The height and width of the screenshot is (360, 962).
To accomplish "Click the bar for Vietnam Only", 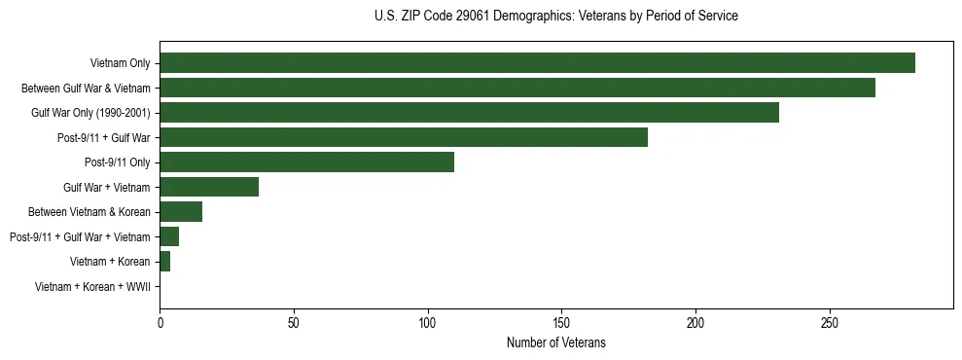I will pos(537,63).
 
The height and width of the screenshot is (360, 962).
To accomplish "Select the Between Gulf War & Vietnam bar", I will pos(517,89).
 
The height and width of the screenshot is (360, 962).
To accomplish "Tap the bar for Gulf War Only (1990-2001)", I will pos(469,113).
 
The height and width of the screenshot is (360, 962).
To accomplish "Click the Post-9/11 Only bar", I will pos(306,162).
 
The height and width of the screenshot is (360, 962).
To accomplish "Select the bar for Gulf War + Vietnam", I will pos(209,187).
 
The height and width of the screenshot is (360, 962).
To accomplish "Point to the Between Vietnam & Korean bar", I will pos(181,212).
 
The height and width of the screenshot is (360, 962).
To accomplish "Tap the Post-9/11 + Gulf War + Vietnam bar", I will pos(169,236).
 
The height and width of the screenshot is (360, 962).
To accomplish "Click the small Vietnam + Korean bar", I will pos(165,262).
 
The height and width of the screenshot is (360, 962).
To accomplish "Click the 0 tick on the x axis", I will pos(160,322).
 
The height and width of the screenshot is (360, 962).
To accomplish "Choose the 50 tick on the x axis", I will pos(294,322).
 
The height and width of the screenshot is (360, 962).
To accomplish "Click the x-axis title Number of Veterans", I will pos(555,342).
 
